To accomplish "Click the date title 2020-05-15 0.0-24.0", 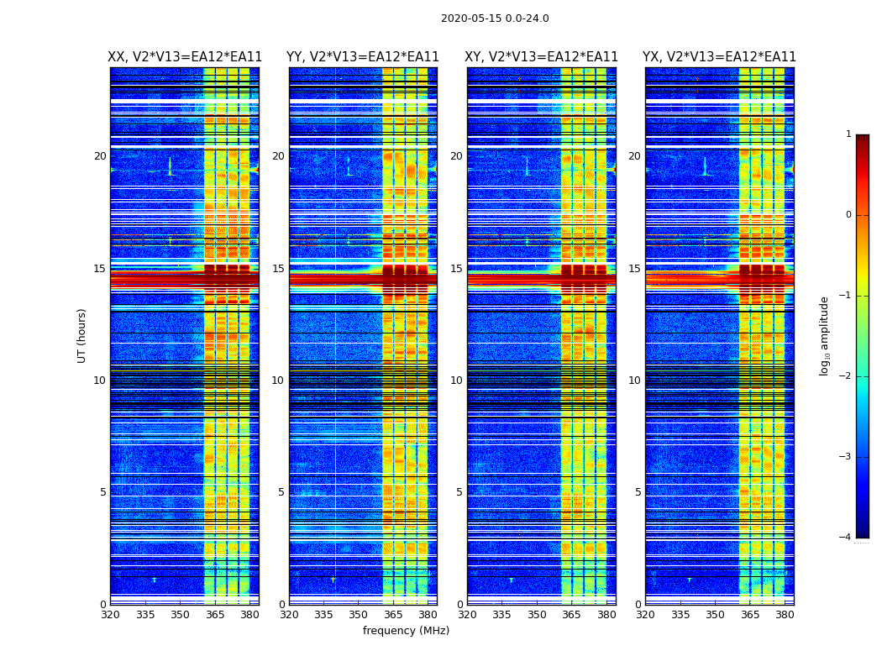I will (x=495, y=18).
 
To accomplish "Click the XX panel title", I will (x=185, y=57).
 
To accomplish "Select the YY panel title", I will (x=363, y=57).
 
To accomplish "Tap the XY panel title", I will (x=541, y=57).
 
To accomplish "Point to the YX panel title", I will (x=719, y=57).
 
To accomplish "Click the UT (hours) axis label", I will (x=82, y=335).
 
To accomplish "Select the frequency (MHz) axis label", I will (x=406, y=631).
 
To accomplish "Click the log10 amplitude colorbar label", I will (x=825, y=335).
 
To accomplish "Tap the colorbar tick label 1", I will (x=848, y=134).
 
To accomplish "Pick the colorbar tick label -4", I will (x=846, y=538).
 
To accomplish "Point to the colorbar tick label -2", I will (x=846, y=376).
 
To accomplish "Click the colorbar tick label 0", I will (x=848, y=215).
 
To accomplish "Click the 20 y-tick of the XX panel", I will (x=100, y=156).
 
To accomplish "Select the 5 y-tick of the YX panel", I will (x=638, y=492).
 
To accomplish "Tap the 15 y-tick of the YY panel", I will (x=278, y=269).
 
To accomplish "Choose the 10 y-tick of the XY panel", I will (x=456, y=381).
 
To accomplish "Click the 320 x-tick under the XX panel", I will (x=110, y=615).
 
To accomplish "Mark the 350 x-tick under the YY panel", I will (x=359, y=615).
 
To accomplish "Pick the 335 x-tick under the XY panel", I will (x=502, y=615).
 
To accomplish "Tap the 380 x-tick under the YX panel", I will (x=785, y=615).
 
